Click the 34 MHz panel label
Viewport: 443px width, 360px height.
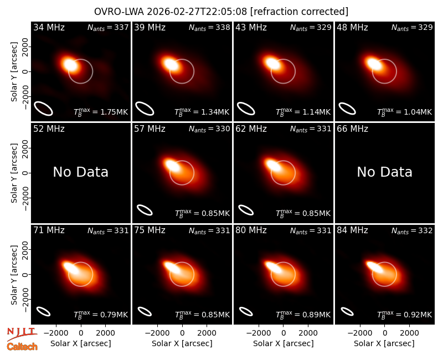(x=49, y=27)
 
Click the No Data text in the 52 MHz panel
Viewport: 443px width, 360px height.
(x=80, y=172)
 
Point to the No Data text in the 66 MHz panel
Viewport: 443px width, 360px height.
(x=384, y=172)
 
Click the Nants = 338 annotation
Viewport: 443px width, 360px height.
(x=209, y=27)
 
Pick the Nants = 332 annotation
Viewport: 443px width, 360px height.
(x=412, y=230)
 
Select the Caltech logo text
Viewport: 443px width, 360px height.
(x=22, y=347)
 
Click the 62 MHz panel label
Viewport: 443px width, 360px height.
(x=251, y=129)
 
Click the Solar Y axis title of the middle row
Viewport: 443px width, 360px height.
(x=14, y=173)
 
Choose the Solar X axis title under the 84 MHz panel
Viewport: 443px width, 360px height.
(x=384, y=343)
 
